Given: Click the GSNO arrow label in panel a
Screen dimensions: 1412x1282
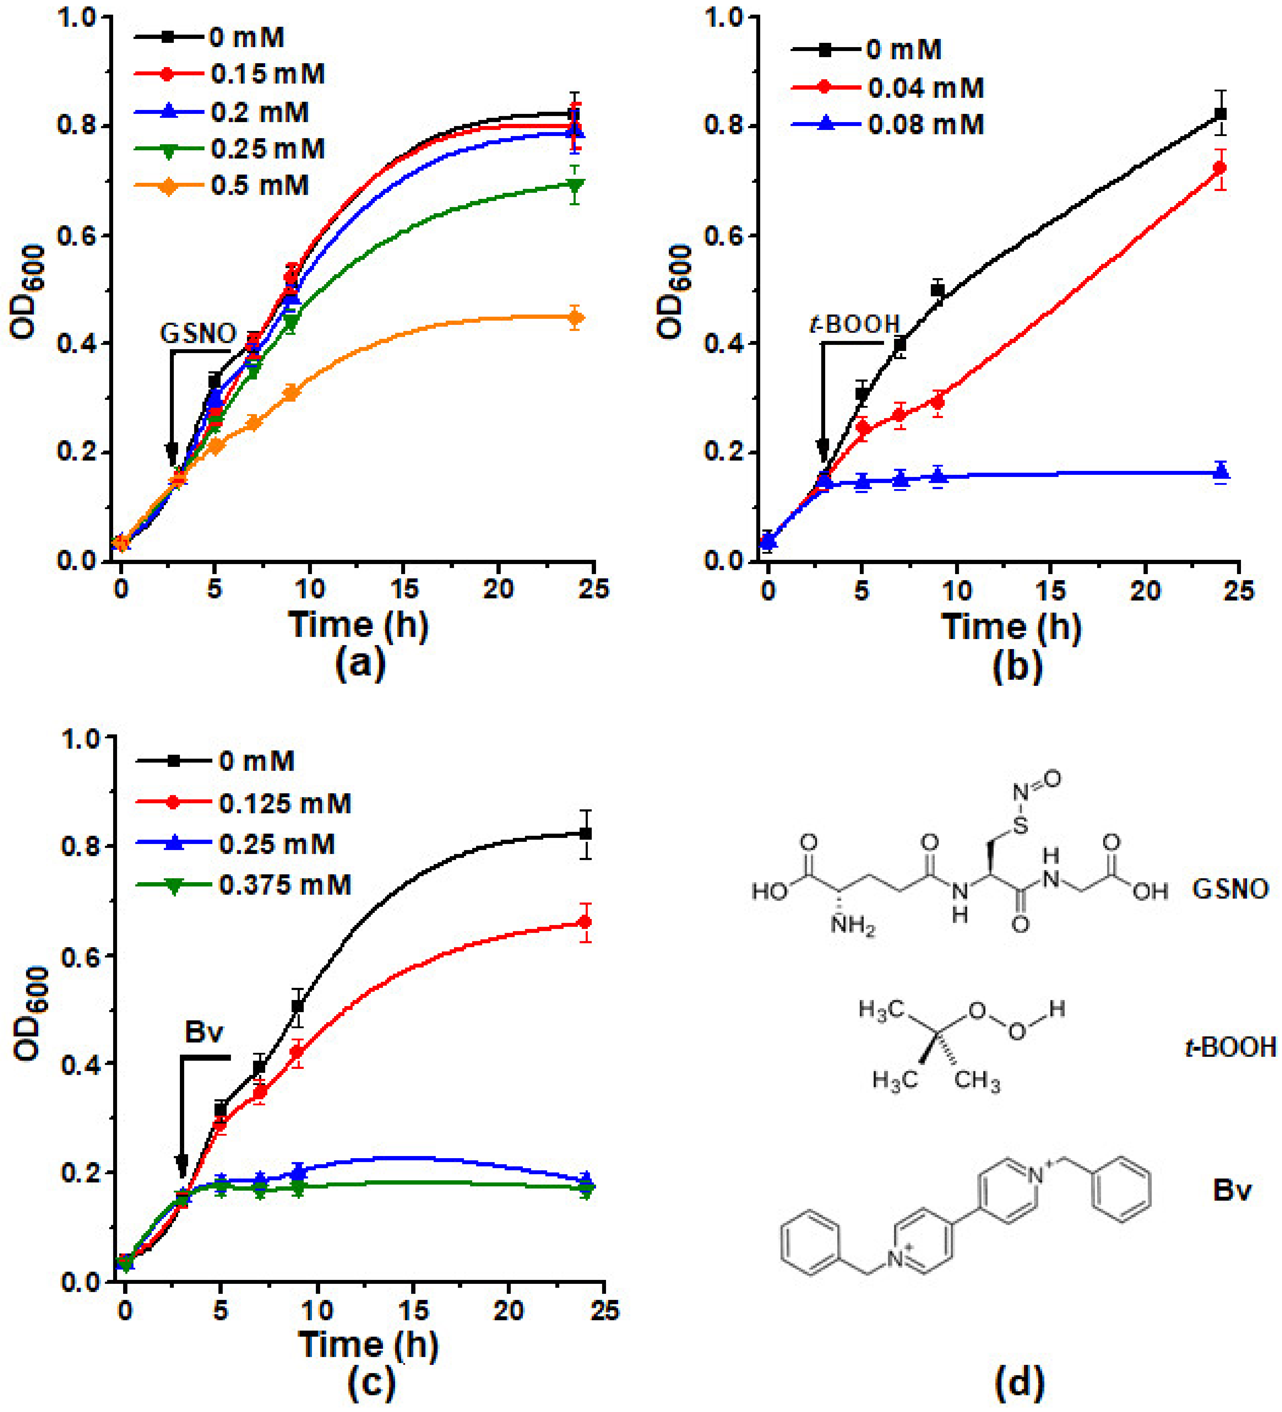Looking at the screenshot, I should coord(198,333).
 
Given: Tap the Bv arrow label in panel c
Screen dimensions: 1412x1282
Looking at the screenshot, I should coord(204,1032).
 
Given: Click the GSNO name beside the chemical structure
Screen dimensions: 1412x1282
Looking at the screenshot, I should coord(1230,889).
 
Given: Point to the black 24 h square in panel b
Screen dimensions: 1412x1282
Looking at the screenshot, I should coord(1220,114).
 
